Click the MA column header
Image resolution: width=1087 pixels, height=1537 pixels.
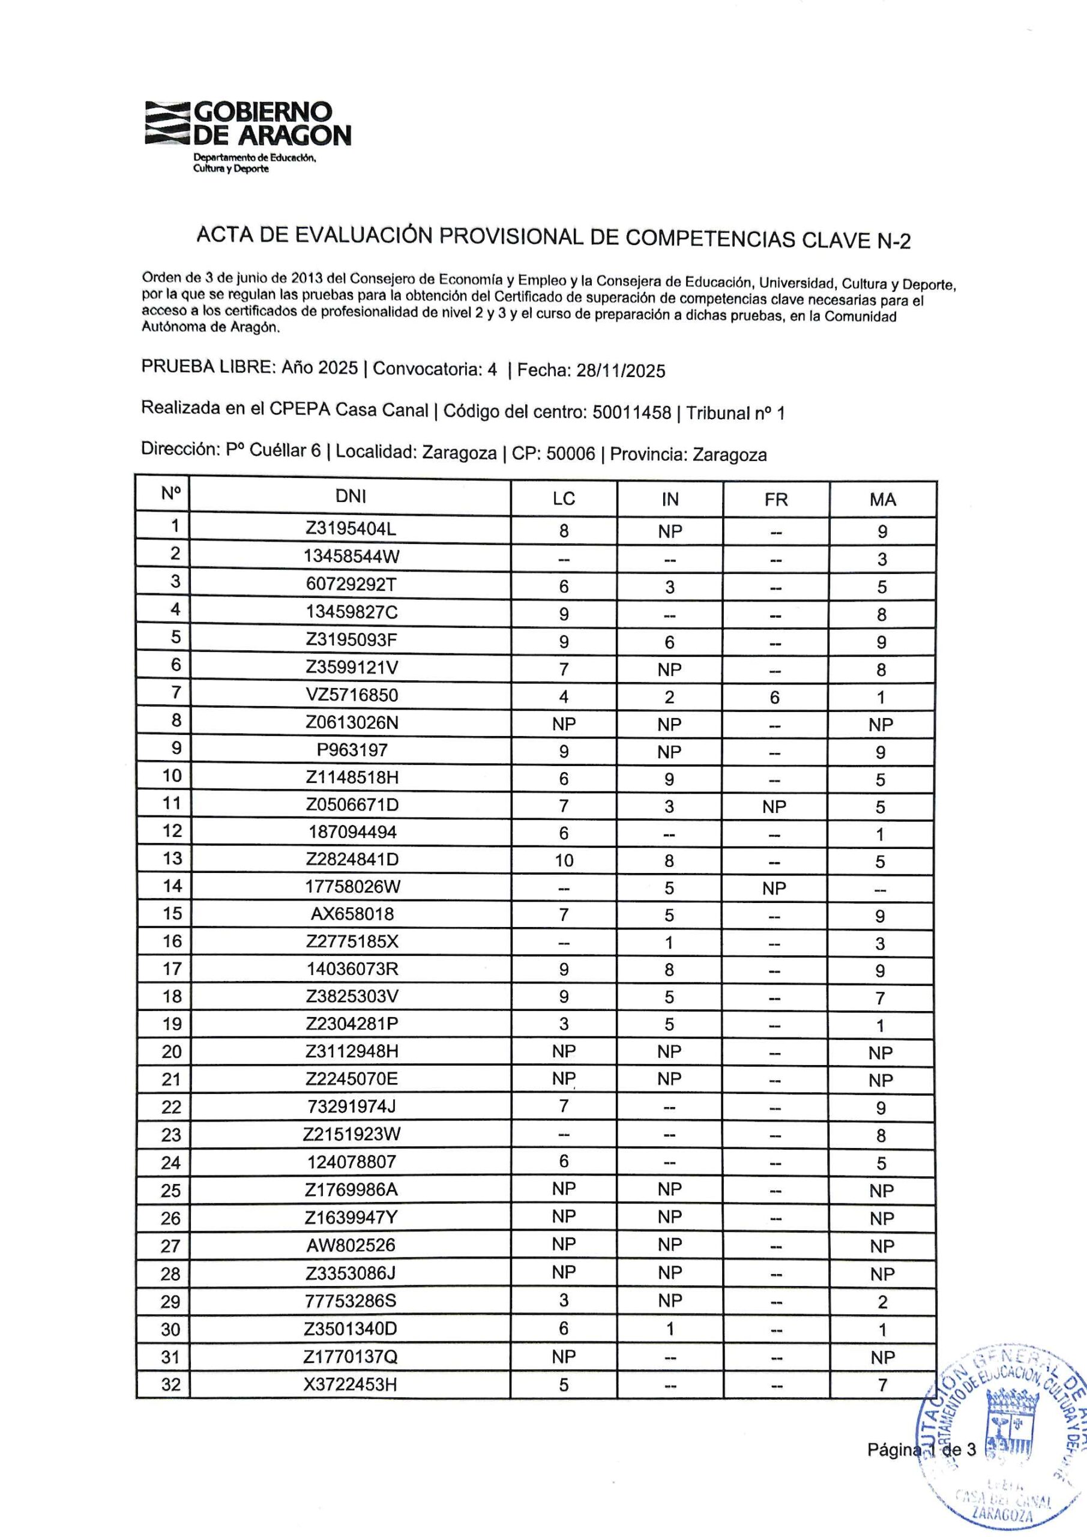[882, 500]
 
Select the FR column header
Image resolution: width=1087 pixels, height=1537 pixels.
[775, 500]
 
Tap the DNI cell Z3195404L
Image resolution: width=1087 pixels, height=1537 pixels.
[351, 529]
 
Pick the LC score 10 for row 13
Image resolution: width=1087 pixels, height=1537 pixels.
[564, 860]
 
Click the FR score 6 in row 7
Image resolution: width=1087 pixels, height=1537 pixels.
[774, 698]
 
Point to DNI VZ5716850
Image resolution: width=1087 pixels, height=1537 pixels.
[351, 695]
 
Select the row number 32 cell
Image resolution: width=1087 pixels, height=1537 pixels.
[171, 1385]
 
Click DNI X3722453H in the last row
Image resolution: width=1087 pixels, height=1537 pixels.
[351, 1384]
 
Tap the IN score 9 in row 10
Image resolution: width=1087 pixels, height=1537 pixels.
[669, 779]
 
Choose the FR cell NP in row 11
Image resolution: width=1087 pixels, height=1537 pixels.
[774, 807]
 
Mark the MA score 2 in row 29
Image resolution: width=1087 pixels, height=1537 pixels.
[882, 1302]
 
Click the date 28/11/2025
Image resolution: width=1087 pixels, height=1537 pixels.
[621, 371]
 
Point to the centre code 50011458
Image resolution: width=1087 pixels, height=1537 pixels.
[631, 412]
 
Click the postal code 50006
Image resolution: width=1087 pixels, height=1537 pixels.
[570, 453]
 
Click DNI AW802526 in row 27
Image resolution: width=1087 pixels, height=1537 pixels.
[351, 1245]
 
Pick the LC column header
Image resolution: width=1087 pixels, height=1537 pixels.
[564, 499]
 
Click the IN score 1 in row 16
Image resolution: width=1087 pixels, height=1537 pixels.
[669, 943]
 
